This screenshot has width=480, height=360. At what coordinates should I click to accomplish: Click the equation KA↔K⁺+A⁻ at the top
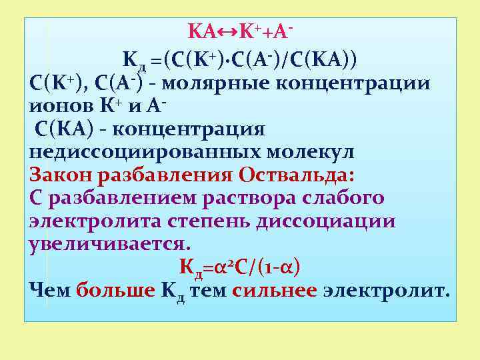[x=241, y=31]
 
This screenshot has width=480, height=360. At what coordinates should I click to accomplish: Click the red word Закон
[x=61, y=175]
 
